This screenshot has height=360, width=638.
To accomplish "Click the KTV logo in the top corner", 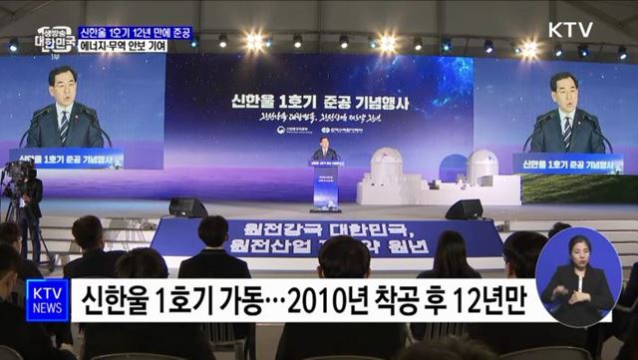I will click(569, 29).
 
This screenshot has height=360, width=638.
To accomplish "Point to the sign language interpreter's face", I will click(578, 248).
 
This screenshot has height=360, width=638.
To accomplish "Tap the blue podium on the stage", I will click(325, 184).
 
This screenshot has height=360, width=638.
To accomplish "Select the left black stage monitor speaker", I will click(187, 207).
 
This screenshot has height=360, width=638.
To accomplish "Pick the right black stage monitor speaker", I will click(464, 209).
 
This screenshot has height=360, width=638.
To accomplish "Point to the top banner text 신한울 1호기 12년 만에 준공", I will click(135, 33).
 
